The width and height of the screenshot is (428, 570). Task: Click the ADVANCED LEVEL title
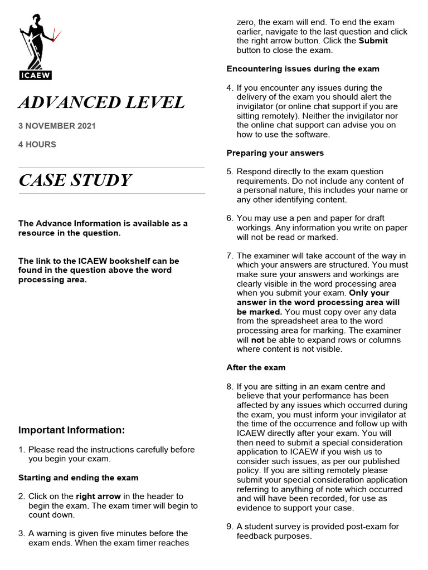click(101, 102)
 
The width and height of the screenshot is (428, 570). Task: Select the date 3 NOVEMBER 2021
click(57, 126)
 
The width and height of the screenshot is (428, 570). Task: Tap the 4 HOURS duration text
click(37, 144)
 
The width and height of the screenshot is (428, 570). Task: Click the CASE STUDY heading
click(75, 180)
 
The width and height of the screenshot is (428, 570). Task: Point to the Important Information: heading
click(72, 430)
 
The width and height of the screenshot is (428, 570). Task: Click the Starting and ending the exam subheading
click(78, 478)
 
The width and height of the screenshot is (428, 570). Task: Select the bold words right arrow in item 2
click(99, 496)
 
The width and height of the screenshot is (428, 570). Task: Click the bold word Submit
click(373, 41)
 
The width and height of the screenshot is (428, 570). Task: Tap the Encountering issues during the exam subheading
click(303, 68)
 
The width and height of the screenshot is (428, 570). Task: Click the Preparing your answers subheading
click(275, 153)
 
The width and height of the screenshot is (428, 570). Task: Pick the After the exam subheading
click(256, 367)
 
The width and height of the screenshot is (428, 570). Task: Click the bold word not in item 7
click(257, 340)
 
